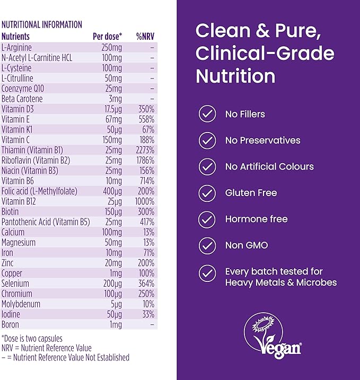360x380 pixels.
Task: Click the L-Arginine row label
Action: click(x=16, y=48)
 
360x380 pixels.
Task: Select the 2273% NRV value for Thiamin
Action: click(x=145, y=150)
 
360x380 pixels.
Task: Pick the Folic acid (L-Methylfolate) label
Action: click(x=39, y=191)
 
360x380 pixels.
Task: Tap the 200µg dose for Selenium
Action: click(x=113, y=284)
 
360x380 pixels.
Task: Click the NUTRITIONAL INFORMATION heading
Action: click(x=42, y=24)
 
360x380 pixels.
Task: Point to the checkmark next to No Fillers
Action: click(x=207, y=114)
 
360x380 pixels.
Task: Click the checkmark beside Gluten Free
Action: click(x=207, y=193)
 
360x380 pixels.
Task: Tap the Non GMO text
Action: click(x=247, y=245)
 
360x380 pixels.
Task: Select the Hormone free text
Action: click(x=256, y=219)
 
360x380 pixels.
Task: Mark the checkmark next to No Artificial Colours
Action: click(x=207, y=166)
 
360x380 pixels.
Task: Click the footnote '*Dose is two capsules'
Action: click(x=32, y=338)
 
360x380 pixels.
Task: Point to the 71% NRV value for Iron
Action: click(x=147, y=253)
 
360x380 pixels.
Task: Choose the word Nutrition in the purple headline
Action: click(x=235, y=76)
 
